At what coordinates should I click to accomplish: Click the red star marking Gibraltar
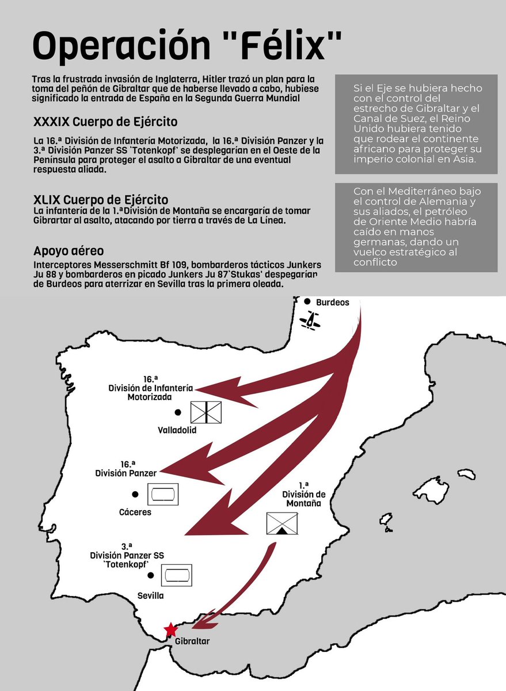click(170, 629)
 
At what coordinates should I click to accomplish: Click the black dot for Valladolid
click(178, 412)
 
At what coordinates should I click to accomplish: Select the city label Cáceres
click(135, 512)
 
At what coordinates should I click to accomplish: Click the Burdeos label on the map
click(333, 302)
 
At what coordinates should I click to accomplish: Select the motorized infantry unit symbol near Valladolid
click(206, 412)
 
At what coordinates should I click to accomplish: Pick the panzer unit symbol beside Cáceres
click(163, 494)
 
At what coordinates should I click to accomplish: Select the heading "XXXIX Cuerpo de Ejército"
click(105, 122)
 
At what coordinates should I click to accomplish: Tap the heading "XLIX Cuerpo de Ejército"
click(101, 200)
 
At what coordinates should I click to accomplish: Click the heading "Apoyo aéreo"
click(69, 252)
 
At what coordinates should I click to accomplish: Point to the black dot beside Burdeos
click(308, 302)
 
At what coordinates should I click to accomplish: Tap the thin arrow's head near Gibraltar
click(199, 622)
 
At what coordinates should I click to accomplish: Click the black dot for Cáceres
click(135, 494)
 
